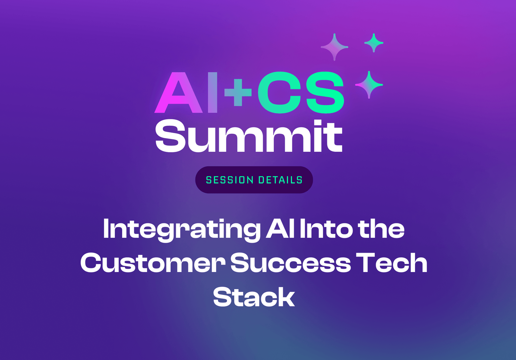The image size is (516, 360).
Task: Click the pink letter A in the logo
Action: [178, 93]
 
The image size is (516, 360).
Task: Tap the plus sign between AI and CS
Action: [238, 93]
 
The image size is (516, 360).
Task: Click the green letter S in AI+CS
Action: [325, 93]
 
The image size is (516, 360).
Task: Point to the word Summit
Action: [248, 137]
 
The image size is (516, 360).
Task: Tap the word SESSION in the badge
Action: [230, 180]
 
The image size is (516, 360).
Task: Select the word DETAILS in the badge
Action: [280, 180]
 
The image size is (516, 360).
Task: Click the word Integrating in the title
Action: [181, 230]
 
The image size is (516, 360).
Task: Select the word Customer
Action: [153, 263]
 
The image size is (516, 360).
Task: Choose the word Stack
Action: [254, 297]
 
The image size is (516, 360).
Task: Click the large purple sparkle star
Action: [334, 47]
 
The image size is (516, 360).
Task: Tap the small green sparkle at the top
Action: [374, 43]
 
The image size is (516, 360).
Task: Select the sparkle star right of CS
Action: [369, 85]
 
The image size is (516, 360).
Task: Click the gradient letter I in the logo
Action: [213, 93]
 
